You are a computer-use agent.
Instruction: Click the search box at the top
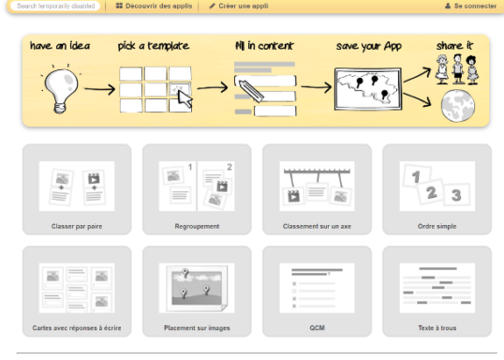pos(55,6)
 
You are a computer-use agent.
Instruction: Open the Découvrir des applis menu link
pos(155,6)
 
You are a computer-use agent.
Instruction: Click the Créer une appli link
pos(239,6)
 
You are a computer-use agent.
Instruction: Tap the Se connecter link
pos(471,6)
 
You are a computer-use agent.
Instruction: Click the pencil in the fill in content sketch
pos(251,90)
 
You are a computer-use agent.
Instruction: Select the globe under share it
pos(458,106)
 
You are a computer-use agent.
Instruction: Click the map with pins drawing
pos(368,89)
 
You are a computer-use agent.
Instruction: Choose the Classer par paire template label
pos(77,226)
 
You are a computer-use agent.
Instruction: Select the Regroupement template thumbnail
pos(197,186)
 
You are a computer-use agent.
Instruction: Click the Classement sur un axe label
pos(317,226)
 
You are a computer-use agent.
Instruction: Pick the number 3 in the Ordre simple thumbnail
pos(456,195)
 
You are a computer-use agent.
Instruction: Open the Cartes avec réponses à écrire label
pos(77,328)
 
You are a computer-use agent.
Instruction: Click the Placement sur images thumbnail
pos(197,288)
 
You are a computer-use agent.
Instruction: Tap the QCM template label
pos(317,328)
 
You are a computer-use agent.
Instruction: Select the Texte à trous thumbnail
pos(437,288)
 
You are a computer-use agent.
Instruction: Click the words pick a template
pos(154,46)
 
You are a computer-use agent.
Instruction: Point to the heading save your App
pos(369,46)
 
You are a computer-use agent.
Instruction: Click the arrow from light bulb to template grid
pos(99,89)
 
